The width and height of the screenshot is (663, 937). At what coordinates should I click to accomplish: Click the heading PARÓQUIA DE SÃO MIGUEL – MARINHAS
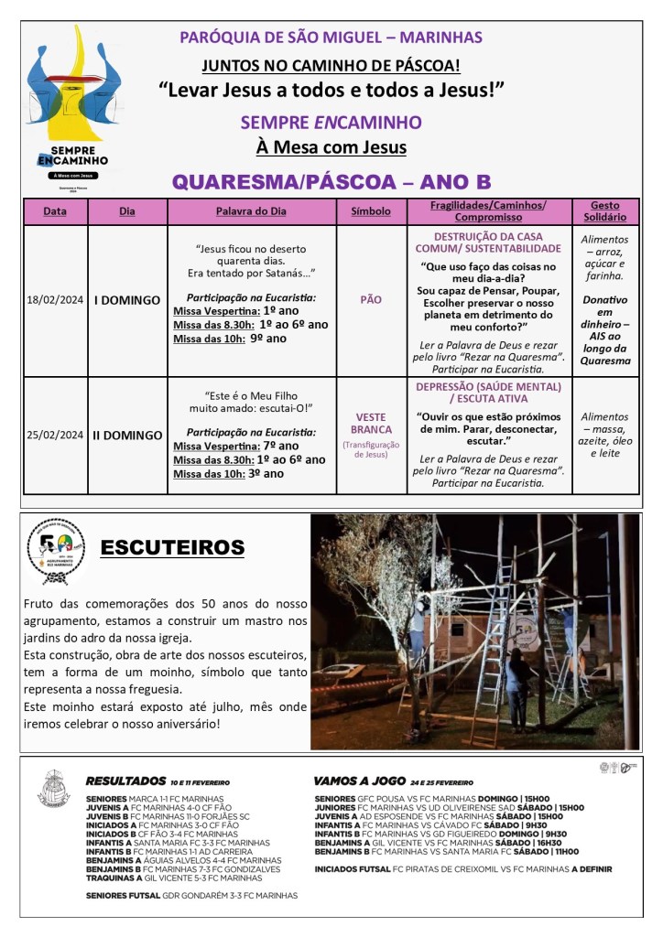point(331,38)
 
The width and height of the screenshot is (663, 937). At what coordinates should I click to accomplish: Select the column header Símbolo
point(370,211)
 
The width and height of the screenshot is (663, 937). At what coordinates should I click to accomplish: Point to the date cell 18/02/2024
point(55,300)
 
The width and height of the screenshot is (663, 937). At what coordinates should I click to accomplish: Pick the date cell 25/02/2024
point(55,436)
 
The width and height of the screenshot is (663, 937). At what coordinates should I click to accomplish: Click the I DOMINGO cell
point(127,300)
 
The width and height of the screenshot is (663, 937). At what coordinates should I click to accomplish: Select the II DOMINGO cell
point(127,436)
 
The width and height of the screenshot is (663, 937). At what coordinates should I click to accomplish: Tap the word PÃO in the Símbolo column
point(370,299)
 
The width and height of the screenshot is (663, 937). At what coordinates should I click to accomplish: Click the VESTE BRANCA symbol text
point(370,423)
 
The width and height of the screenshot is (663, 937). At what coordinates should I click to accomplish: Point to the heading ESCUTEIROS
point(172,548)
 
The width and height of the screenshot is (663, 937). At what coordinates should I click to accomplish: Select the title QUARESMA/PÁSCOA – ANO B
point(331,180)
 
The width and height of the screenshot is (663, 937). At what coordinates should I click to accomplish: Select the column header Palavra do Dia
point(251,211)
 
